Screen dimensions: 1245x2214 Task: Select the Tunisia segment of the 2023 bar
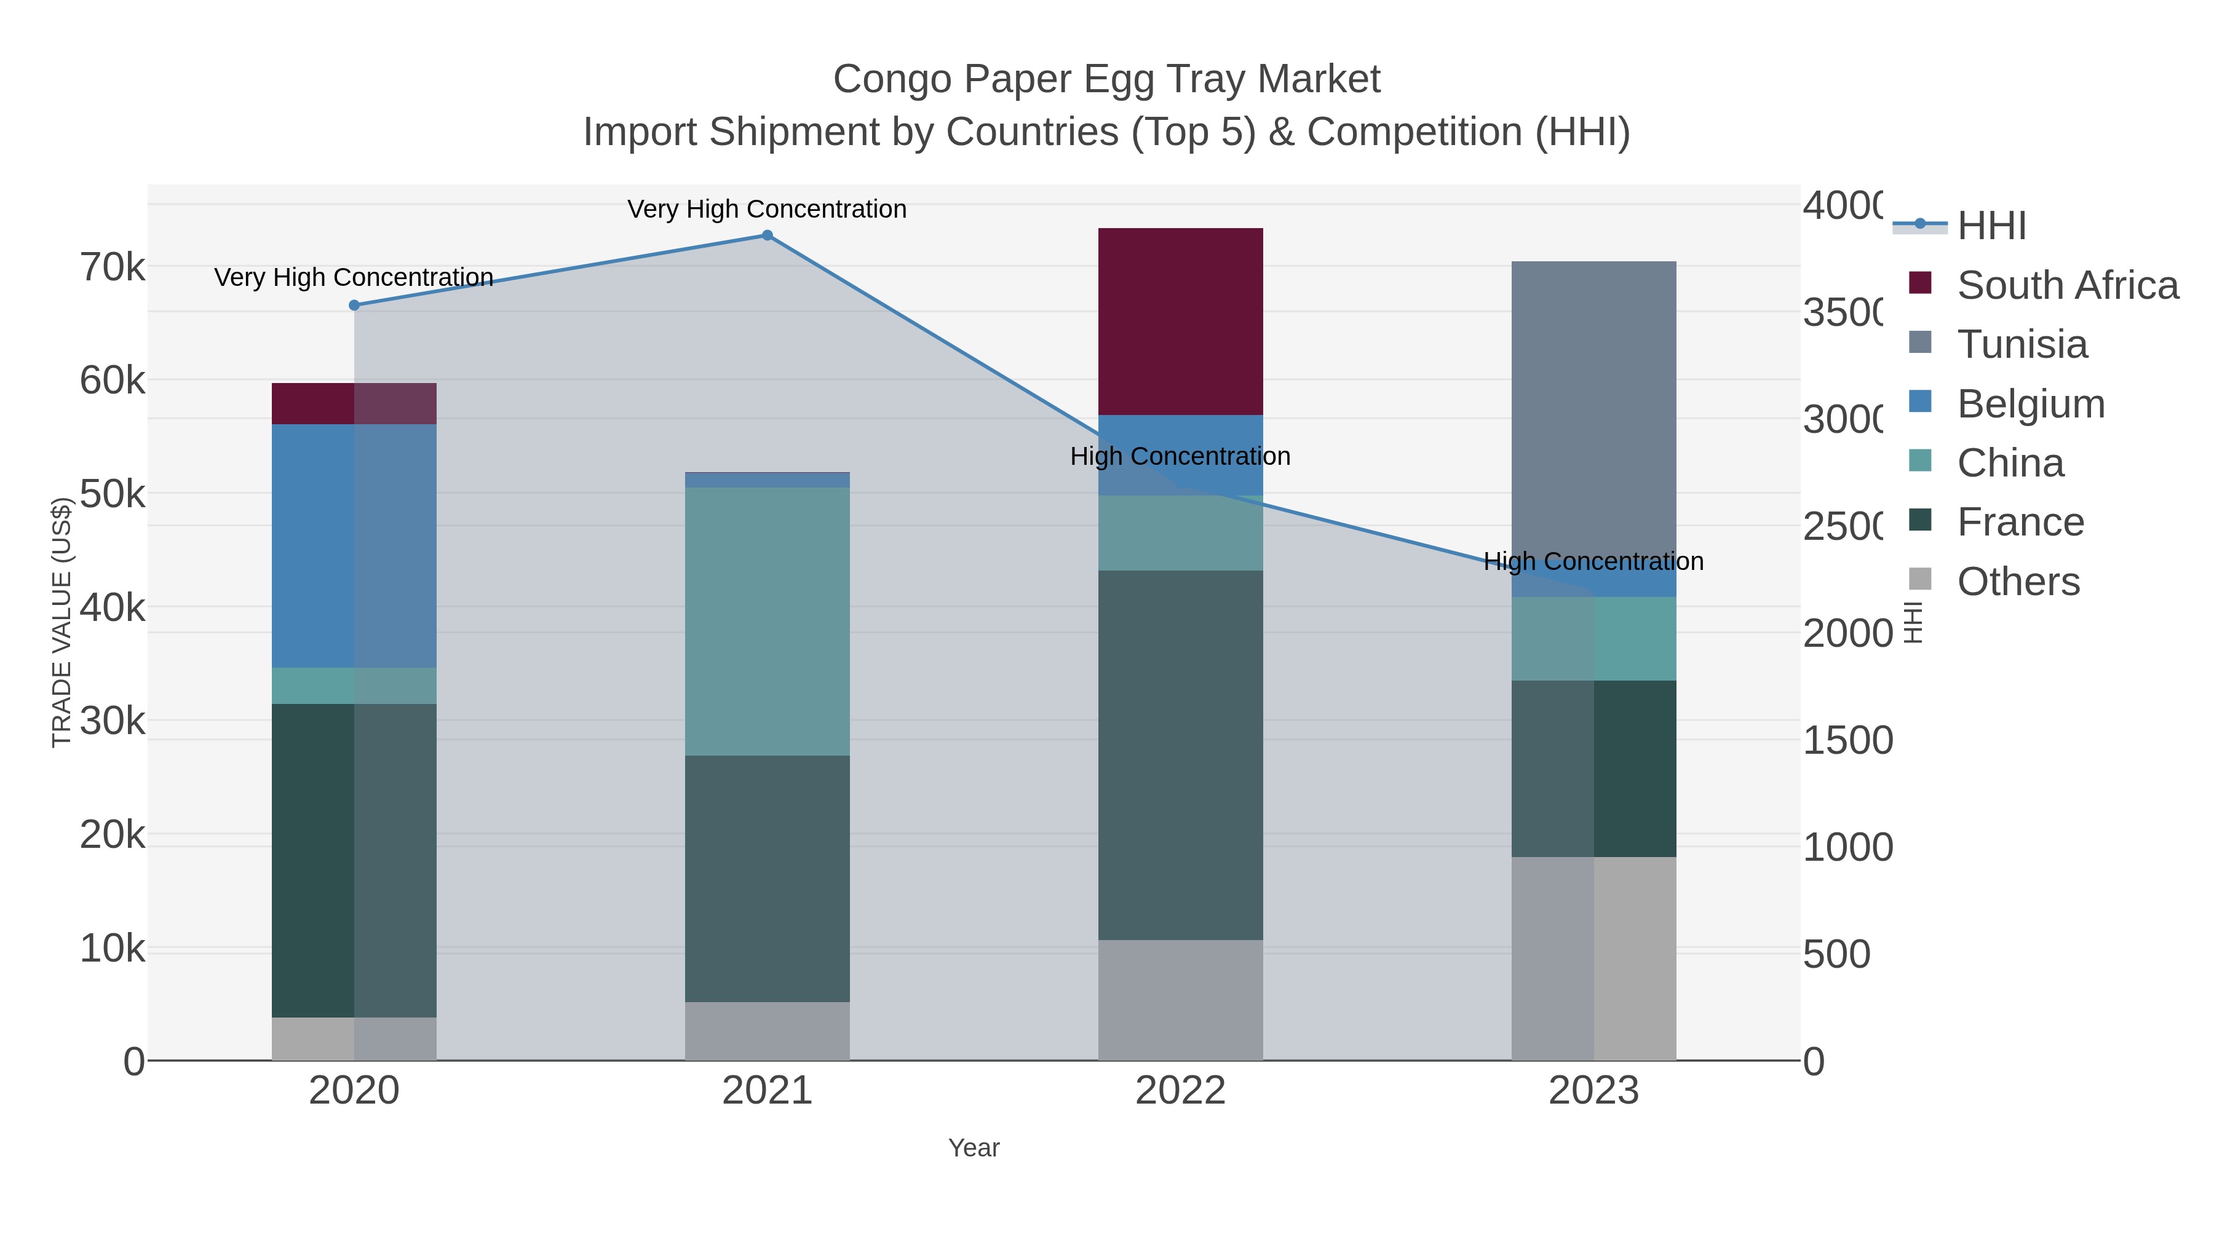[1593, 413]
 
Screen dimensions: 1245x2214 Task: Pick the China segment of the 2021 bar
[767, 620]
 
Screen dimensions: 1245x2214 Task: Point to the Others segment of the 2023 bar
[1593, 958]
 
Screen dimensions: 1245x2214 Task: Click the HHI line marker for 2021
[768, 235]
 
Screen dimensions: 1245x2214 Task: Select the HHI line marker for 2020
[354, 305]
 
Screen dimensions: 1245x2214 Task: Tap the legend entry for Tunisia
[2022, 344]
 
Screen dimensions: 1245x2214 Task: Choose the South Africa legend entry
[2067, 285]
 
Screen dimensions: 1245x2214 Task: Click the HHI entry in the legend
[1991, 226]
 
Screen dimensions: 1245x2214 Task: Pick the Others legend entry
[2018, 582]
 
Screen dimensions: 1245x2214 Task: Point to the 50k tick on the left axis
[113, 494]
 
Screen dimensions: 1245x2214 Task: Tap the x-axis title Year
[974, 1148]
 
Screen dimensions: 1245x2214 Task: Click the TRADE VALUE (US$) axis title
[61, 622]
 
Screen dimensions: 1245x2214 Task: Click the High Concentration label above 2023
[1593, 561]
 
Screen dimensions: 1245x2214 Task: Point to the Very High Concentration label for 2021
[767, 209]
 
